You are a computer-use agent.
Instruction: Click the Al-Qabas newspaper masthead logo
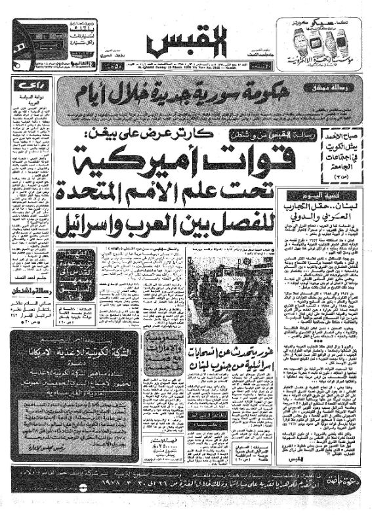coord(186,43)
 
